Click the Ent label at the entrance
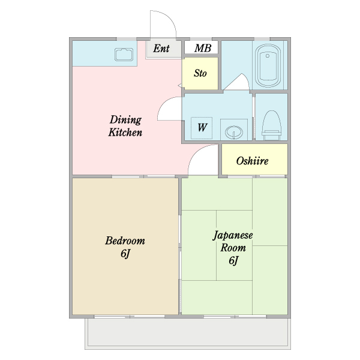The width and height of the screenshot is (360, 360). coord(161,49)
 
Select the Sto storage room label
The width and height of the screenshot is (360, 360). coord(200,73)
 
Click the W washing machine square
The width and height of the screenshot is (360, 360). coord(202,127)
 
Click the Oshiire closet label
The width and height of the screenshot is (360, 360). coord(252,161)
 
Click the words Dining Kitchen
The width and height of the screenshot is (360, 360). coord(125,125)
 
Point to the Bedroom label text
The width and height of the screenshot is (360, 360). coord(125,241)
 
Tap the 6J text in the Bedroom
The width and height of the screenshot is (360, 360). coord(125,254)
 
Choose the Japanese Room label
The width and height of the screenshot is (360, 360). coord(233,241)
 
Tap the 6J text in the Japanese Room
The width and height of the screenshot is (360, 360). coord(233,260)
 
